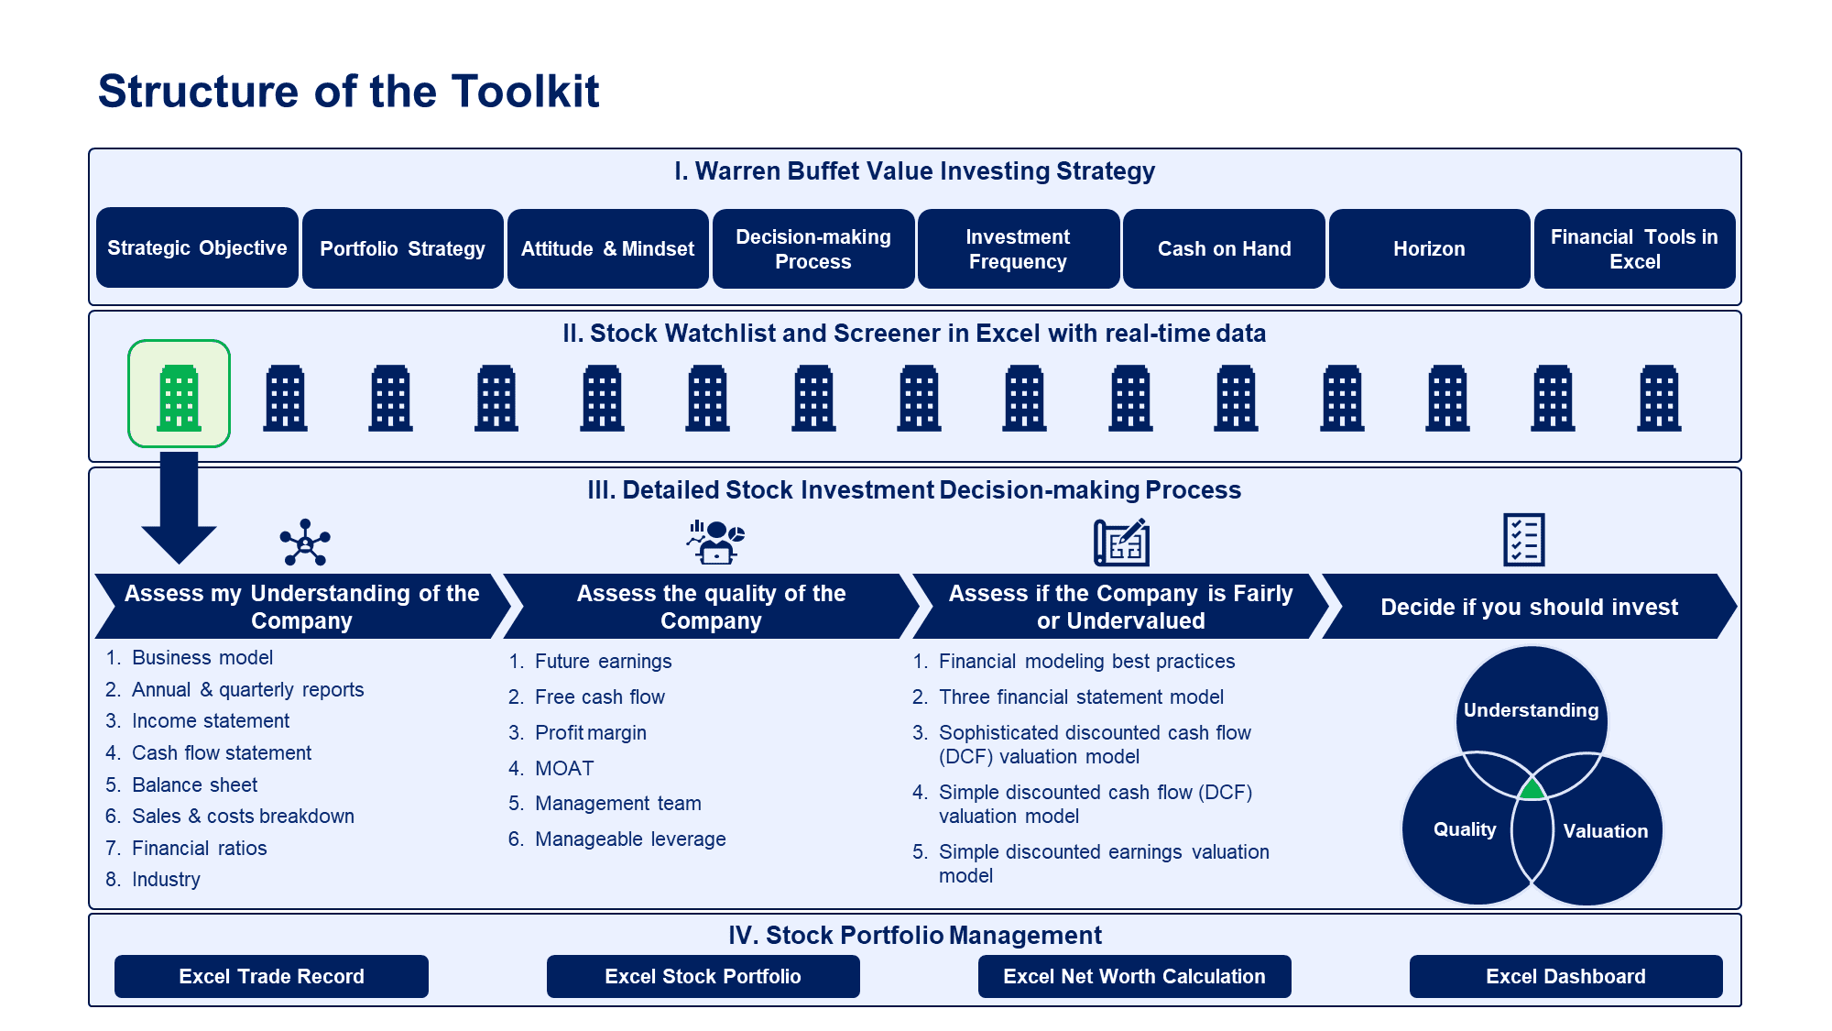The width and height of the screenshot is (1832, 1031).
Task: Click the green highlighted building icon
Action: (x=179, y=395)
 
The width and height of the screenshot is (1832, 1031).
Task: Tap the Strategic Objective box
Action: (x=197, y=248)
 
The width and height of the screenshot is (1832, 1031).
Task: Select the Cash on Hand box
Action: (x=1224, y=249)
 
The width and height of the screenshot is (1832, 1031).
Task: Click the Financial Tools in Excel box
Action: (x=1634, y=249)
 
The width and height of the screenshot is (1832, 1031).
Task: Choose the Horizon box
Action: (x=1429, y=249)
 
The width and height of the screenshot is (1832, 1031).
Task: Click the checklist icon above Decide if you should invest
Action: (x=1523, y=540)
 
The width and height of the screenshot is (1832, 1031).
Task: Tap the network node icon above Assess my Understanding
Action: (x=305, y=543)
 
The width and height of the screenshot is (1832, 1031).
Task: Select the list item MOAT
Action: (x=564, y=769)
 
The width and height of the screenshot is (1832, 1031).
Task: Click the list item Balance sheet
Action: (x=194, y=785)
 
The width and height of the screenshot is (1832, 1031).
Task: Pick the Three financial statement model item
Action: (x=1081, y=697)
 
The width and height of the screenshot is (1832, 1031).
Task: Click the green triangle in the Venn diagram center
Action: (x=1532, y=790)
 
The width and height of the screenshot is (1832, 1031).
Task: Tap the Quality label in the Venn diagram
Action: (x=1464, y=829)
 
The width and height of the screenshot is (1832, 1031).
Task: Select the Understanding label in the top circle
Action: (x=1531, y=710)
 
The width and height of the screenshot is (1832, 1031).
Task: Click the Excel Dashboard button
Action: (x=1565, y=977)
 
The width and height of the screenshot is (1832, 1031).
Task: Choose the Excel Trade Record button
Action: (x=271, y=977)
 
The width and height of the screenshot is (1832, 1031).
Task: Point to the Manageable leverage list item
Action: (x=630, y=839)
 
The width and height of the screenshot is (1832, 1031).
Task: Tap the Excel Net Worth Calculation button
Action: (x=1134, y=977)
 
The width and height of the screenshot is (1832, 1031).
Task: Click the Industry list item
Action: (x=166, y=880)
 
